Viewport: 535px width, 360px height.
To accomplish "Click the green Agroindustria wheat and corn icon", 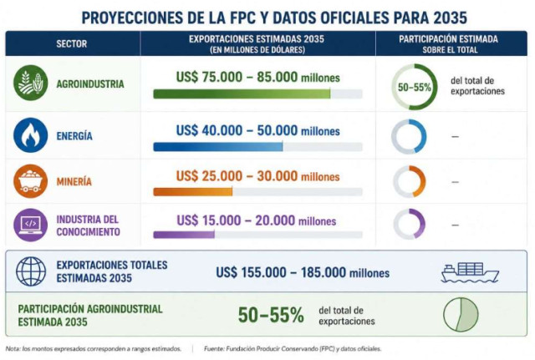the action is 30,83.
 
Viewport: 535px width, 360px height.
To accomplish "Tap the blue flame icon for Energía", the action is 30,135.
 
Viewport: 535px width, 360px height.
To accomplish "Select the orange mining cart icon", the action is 30,181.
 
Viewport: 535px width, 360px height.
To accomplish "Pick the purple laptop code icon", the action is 30,225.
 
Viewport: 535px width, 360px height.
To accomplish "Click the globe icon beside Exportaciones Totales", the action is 31,271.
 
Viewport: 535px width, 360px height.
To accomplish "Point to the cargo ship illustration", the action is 470,272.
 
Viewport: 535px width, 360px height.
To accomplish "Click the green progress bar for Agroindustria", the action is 242,94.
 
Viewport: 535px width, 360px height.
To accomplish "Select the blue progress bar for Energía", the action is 217,147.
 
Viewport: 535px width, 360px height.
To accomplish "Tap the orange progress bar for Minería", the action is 193,191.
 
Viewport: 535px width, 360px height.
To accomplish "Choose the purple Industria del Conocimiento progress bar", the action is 184,235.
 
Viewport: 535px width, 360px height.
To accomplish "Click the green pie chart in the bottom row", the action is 461,314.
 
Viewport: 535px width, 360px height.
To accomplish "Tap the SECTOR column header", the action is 72,43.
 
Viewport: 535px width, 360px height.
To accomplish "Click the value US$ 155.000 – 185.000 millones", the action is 303,272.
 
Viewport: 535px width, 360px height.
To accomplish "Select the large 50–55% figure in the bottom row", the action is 271,315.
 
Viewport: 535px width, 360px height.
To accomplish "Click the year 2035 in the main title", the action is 450,18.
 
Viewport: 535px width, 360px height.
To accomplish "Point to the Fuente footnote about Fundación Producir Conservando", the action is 293,349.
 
